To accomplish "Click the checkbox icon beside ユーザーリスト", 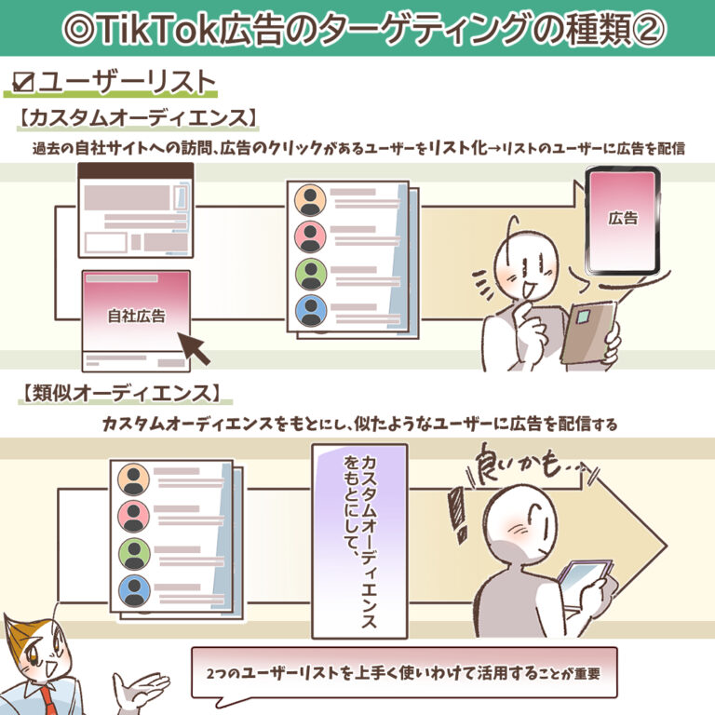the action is click(23, 82).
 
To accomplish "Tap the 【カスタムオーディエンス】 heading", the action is click(138, 117).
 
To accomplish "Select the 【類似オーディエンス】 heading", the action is click(123, 393).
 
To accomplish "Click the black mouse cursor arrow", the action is click(194, 347).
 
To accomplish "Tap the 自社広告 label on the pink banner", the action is click(136, 316).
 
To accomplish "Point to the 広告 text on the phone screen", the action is click(623, 218).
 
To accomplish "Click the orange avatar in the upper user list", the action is click(310, 200).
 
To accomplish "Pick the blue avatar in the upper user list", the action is click(311, 311).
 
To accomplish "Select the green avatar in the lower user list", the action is click(134, 554).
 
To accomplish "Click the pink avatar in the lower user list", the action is click(134, 517).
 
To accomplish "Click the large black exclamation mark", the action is click(458, 513).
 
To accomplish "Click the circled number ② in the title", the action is click(647, 29).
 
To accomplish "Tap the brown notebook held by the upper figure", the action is click(588, 333).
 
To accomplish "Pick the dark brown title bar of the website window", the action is click(136, 170).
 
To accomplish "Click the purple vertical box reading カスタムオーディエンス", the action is click(359, 541).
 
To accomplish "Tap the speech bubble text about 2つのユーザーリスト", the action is click(403, 673).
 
